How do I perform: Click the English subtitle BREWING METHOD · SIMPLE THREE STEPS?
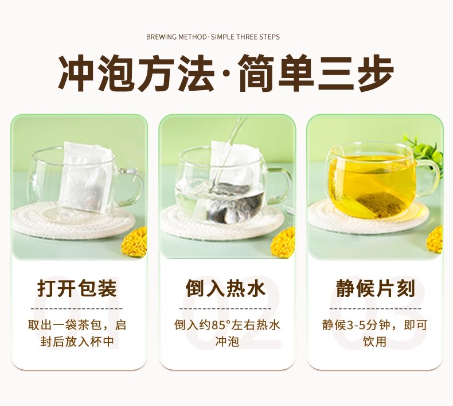coord(213,37)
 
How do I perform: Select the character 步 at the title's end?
coord(376,74)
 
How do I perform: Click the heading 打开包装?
coord(77,288)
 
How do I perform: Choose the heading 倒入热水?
coord(225,288)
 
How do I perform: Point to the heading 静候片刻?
coord(375,288)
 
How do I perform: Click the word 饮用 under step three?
coord(374,342)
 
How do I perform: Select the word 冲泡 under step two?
coord(227,342)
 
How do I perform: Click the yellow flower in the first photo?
coord(134,242)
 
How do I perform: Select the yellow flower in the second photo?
coord(283,242)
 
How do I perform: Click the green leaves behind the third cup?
coord(425,150)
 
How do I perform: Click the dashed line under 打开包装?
coord(77,309)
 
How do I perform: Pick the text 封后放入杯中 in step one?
coord(77,342)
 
